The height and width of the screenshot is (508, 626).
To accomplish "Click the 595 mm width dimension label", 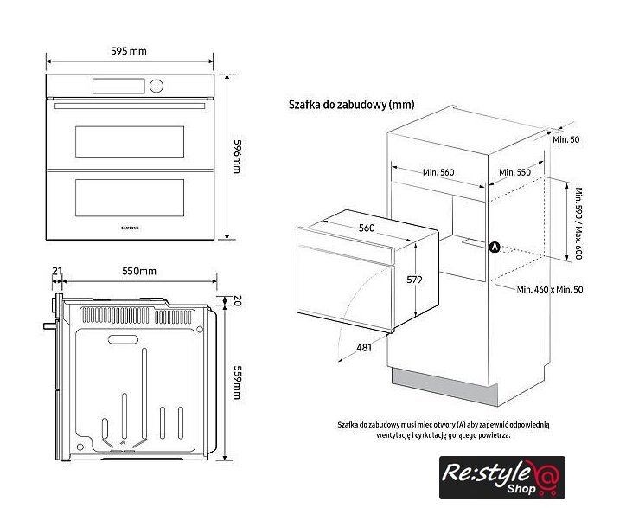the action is [x=129, y=51].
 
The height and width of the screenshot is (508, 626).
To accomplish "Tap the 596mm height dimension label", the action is [x=237, y=157].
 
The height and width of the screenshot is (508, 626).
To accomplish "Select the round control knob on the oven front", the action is [x=156, y=86].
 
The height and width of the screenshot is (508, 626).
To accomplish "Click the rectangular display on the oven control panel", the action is [x=118, y=86].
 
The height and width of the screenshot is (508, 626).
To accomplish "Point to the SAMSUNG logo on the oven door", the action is [x=131, y=228].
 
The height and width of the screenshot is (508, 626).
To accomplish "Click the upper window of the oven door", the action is [x=130, y=142].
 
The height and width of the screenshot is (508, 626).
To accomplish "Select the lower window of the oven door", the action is [x=130, y=198].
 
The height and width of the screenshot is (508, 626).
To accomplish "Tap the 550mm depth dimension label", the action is [x=139, y=272].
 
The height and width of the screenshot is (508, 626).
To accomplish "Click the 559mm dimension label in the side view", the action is [x=237, y=383].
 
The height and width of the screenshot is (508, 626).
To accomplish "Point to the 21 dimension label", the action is [x=57, y=271].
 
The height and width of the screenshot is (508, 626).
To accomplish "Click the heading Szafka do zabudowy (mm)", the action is [x=351, y=105].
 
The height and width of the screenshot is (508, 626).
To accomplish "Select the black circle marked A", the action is [x=495, y=248].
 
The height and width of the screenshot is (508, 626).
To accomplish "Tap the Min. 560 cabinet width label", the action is [x=438, y=172].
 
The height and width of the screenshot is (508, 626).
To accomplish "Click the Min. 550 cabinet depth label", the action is [x=515, y=172].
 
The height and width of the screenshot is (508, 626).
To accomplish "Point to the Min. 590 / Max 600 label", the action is [x=578, y=223].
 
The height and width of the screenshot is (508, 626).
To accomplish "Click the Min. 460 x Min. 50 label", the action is [x=550, y=289].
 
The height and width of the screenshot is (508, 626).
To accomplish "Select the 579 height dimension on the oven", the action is [x=414, y=280].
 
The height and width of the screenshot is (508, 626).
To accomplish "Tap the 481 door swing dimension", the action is [x=364, y=348].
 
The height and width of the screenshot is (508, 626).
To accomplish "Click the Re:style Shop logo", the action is [x=502, y=478].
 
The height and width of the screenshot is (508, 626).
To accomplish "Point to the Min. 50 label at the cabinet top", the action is [x=566, y=139].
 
